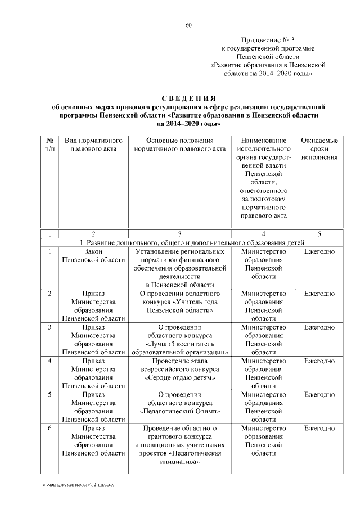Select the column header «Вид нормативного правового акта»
coord(93,145)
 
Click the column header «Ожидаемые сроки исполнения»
coord(319,148)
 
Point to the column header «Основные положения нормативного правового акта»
coord(180,145)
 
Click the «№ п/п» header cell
coord(49,145)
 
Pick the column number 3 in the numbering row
coord(180,233)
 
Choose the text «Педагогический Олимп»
coord(180,411)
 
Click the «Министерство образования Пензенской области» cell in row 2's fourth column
coord(263,306)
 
